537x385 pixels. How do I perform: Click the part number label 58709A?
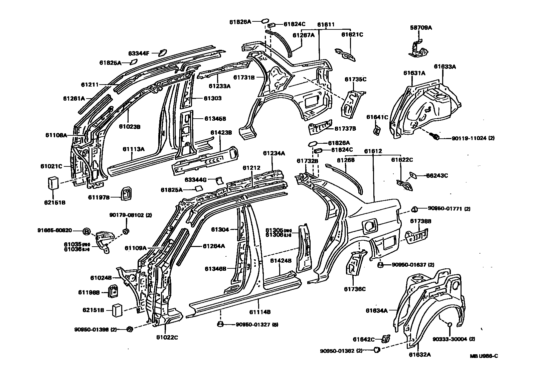(420, 28)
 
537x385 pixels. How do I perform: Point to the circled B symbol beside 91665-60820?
(86, 231)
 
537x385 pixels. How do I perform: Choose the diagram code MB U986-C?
(484, 356)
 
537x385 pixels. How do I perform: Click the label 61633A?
(445, 67)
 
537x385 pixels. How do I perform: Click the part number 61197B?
(99, 197)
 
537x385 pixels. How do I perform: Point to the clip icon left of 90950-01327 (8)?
(220, 324)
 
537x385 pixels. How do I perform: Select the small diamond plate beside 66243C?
(413, 175)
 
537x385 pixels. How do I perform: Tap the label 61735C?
(355, 79)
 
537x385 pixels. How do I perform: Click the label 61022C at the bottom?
(167, 337)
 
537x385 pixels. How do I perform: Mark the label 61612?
(373, 151)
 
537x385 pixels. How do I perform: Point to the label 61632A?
(419, 355)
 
